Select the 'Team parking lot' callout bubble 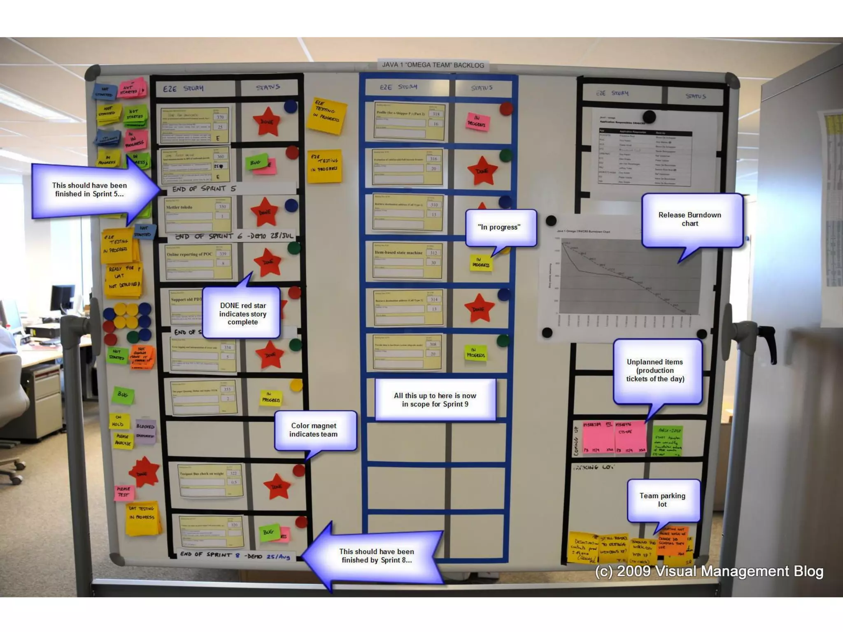[x=663, y=500]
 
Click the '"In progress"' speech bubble [x=500, y=227]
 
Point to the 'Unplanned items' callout [x=656, y=371]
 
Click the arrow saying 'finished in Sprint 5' [x=91, y=190]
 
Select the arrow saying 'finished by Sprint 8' [x=375, y=555]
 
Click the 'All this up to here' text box [x=435, y=400]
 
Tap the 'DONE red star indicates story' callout [x=242, y=314]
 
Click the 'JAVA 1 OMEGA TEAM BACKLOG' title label [x=433, y=65]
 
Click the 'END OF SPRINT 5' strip [x=231, y=189]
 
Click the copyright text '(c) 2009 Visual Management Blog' [x=709, y=572]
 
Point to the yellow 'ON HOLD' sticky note [x=119, y=421]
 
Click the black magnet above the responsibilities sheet [x=649, y=117]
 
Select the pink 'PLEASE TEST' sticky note [x=124, y=492]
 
